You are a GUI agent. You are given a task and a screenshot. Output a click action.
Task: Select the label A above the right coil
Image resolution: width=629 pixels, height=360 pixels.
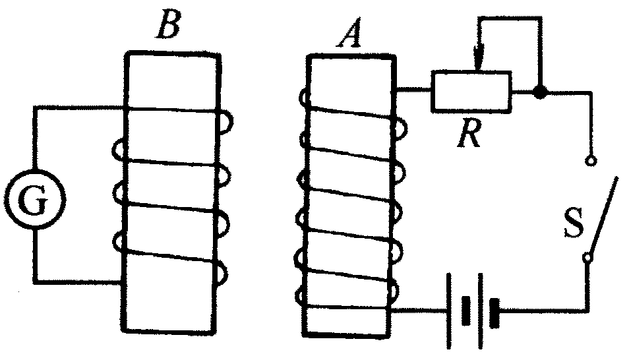[x=347, y=36]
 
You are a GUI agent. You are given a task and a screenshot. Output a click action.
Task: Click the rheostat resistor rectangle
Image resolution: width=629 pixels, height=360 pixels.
[x=471, y=91]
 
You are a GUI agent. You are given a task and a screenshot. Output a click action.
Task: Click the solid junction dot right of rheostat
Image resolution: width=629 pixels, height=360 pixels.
[x=540, y=93]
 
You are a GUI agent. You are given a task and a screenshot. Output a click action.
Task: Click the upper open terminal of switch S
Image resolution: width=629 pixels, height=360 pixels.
[x=590, y=160]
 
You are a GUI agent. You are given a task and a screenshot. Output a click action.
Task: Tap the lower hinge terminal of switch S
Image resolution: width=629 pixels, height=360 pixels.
[x=586, y=258]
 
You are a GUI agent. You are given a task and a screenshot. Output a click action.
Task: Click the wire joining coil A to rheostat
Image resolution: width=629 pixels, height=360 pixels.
[x=413, y=90]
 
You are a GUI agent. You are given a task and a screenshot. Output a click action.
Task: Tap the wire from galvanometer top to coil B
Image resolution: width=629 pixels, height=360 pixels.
[x=79, y=108]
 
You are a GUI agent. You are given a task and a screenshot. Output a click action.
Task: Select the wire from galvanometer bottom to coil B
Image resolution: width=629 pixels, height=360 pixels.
[x=79, y=282]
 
